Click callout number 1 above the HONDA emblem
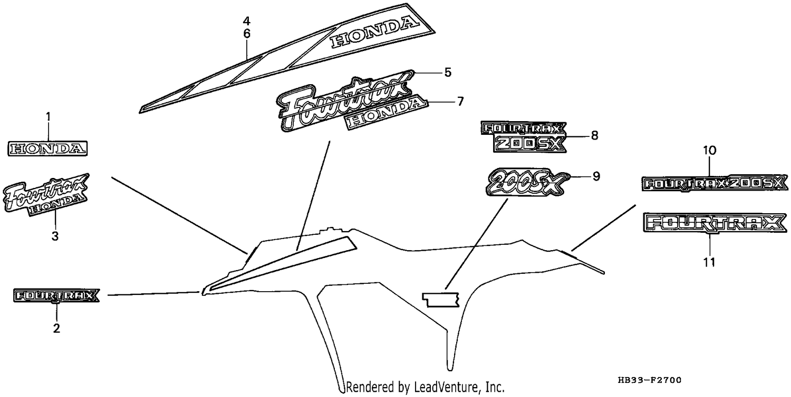(x=49, y=117)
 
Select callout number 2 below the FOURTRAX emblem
(x=56, y=328)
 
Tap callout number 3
(x=55, y=236)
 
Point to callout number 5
(x=448, y=72)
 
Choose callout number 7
(x=460, y=102)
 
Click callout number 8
(x=595, y=135)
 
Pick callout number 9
(x=596, y=176)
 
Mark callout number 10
(x=709, y=151)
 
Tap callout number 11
(x=709, y=262)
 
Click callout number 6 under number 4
(x=246, y=34)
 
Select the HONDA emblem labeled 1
(x=47, y=148)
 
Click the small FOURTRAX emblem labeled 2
(x=56, y=295)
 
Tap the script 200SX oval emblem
(x=528, y=182)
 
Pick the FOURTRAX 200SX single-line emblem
(x=715, y=184)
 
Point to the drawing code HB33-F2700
(x=650, y=380)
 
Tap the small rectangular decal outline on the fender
(x=441, y=300)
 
